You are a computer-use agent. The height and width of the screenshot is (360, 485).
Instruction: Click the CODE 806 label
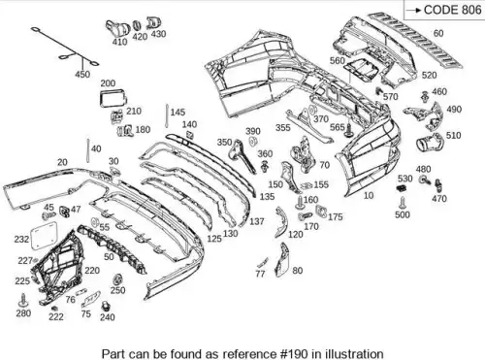click(x=452, y=10)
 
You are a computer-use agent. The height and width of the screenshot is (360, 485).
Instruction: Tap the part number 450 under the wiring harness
click(x=82, y=75)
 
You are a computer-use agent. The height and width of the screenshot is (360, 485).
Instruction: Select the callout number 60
click(x=438, y=33)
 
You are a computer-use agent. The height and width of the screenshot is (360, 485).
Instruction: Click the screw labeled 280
click(x=23, y=300)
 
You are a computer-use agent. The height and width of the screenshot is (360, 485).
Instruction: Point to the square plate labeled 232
click(x=44, y=235)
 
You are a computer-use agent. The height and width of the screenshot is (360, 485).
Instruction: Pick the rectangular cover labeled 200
click(x=113, y=97)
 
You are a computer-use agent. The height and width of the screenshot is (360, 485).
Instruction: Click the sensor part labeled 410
click(x=116, y=29)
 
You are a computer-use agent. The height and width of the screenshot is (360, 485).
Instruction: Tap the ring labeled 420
click(x=138, y=26)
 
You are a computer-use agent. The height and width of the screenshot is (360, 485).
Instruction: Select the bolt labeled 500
click(x=402, y=203)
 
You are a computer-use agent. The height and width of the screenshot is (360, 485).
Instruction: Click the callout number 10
click(x=369, y=195)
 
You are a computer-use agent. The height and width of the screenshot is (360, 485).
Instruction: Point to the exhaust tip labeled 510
click(x=429, y=142)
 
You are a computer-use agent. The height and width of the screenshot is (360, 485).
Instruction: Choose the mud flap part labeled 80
click(x=281, y=260)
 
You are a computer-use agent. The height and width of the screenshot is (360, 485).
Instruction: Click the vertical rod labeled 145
click(x=167, y=115)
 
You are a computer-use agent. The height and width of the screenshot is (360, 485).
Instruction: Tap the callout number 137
click(x=257, y=221)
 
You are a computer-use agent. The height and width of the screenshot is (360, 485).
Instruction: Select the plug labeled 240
click(x=105, y=306)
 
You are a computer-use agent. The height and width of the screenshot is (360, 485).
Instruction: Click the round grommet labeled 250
click(x=117, y=278)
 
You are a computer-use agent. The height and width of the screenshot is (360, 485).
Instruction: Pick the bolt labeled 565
click(x=348, y=130)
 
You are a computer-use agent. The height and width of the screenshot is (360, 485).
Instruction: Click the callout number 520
click(x=429, y=75)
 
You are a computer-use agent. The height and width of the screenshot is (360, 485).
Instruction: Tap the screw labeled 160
click(x=300, y=203)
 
